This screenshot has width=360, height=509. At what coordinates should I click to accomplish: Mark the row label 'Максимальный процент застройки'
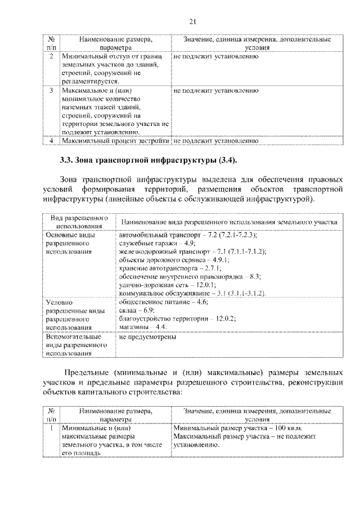pos(116,141)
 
